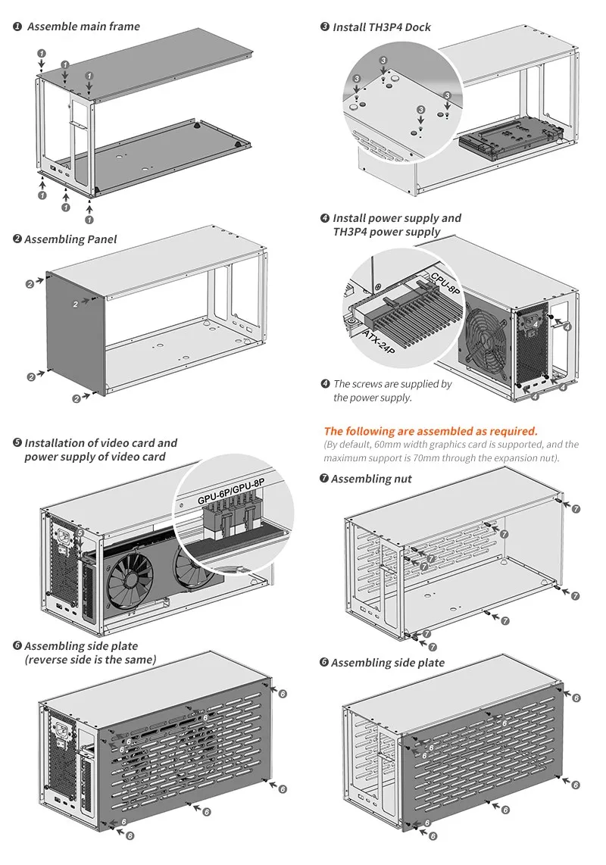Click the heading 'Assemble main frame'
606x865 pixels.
click(x=83, y=27)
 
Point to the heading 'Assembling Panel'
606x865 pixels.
click(x=70, y=239)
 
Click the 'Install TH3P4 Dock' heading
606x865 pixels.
click(x=381, y=27)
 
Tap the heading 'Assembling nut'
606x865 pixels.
click(x=371, y=479)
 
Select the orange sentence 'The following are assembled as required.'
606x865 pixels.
click(x=430, y=432)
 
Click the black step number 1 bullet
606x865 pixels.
click(x=17, y=27)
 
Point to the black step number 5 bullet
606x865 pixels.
click(x=17, y=443)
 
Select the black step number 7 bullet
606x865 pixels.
click(x=324, y=478)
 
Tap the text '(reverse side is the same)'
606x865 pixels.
click(x=90, y=660)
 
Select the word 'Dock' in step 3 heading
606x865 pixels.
click(x=418, y=27)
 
